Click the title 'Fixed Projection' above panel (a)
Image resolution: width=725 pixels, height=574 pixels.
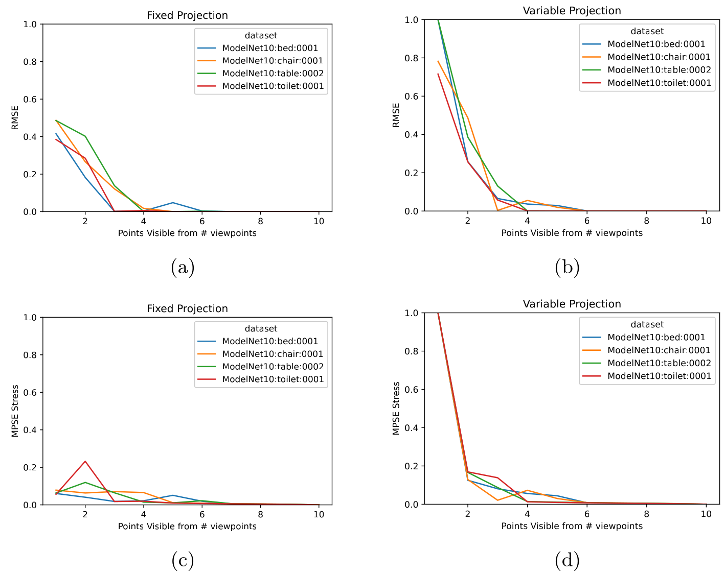pos(187,15)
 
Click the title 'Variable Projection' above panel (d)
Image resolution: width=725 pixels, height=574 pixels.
pos(572,304)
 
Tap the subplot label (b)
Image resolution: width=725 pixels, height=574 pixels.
pos(567,267)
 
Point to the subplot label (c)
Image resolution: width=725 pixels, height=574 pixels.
pos(183,560)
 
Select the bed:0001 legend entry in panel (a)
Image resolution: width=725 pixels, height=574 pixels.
pos(269,48)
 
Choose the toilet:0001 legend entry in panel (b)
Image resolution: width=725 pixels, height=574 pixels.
pos(659,83)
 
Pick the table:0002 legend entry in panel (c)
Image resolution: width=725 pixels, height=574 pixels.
pos(273,367)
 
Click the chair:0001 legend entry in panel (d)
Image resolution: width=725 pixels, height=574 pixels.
pos(659,350)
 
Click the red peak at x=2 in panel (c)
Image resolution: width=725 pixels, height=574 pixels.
pos(85,462)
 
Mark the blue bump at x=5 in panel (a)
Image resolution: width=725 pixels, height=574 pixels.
pos(173,203)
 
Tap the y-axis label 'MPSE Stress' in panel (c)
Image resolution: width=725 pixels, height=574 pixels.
pos(15,411)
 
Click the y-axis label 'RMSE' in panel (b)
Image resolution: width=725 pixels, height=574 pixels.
pos(396,115)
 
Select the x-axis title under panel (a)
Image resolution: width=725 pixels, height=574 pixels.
pos(187,233)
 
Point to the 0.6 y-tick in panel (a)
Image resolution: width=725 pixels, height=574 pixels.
pos(31,99)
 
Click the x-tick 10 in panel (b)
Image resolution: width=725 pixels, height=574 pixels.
pos(706,221)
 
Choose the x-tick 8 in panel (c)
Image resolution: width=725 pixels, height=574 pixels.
pos(260,514)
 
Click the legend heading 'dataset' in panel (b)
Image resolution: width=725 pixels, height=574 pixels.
pos(647,31)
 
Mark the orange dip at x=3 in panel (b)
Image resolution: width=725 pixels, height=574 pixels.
pos(497,210)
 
